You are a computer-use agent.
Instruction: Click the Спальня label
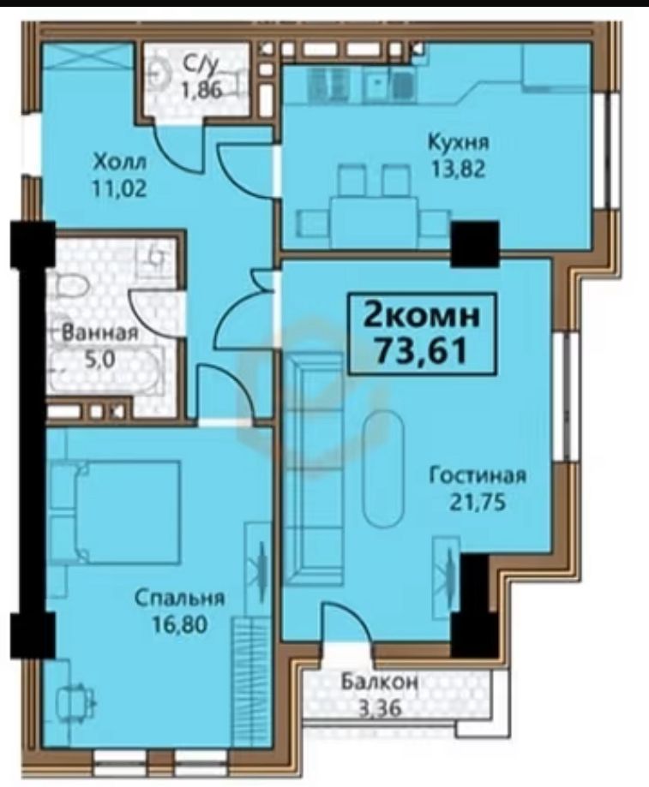click(179, 598)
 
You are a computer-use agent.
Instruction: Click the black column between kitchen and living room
click(475, 242)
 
